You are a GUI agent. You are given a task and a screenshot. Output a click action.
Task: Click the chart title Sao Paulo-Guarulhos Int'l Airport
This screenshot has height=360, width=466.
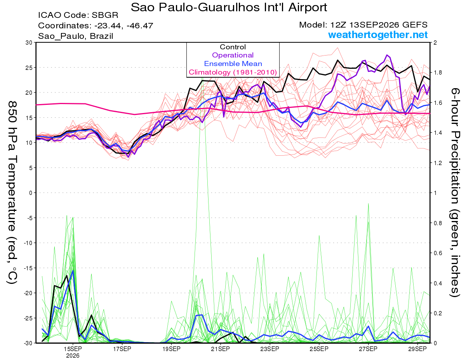[229, 7]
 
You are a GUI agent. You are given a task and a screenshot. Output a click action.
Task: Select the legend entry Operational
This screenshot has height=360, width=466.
[233, 55]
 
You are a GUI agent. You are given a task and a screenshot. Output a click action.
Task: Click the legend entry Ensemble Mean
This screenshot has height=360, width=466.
[233, 64]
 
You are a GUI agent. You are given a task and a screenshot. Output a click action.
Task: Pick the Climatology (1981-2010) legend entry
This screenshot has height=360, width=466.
[233, 72]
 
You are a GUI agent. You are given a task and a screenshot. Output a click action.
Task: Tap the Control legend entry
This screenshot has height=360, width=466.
[233, 47]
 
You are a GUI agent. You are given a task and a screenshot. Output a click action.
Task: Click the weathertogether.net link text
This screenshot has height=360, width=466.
[378, 35]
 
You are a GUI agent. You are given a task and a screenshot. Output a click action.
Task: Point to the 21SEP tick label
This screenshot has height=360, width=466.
[220, 349]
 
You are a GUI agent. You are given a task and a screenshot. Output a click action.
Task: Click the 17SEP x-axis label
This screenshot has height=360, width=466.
[122, 349]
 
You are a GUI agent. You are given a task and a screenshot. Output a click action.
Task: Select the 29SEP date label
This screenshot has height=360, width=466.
[417, 349]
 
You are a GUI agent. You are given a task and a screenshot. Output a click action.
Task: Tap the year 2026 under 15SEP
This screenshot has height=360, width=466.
[73, 356]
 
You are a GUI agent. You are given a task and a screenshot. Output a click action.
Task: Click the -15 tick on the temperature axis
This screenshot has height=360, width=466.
[28, 268]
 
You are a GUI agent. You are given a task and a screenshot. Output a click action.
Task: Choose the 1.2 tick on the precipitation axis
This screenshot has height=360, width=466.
[437, 163]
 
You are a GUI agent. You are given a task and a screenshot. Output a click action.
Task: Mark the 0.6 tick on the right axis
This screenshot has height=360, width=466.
[437, 253]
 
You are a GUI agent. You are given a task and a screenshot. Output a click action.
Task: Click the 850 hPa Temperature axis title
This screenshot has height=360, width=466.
[12, 193]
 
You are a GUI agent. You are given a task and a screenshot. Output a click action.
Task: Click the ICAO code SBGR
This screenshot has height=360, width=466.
[105, 15]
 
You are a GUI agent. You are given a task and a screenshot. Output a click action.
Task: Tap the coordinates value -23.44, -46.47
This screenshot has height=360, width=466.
[124, 26]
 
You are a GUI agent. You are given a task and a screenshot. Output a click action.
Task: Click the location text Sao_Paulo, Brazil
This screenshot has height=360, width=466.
[75, 36]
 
